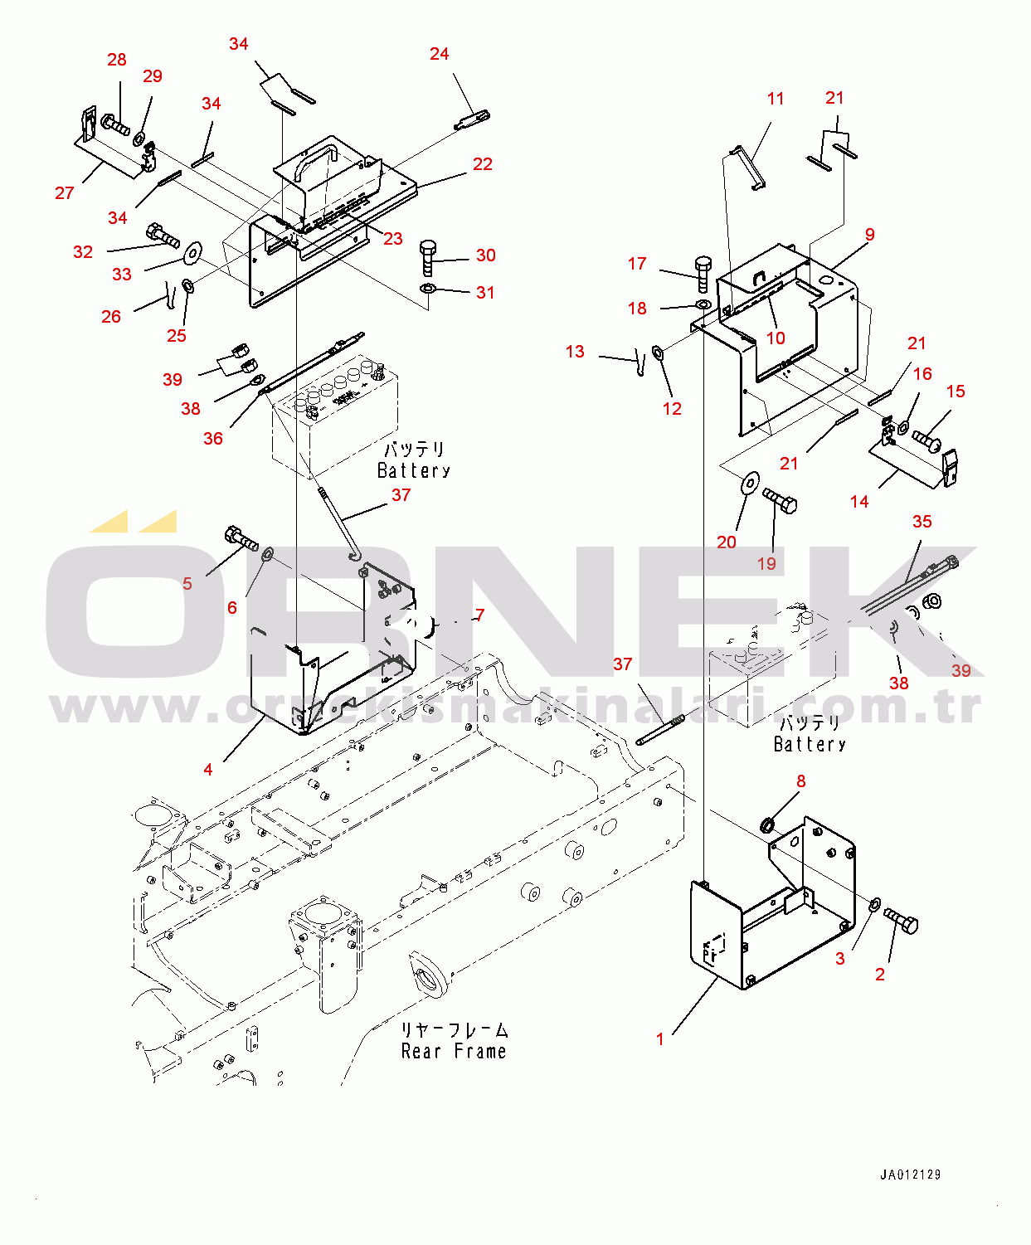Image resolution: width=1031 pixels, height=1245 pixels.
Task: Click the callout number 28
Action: click(x=117, y=60)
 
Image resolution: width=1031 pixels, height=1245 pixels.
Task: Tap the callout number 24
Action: click(x=439, y=54)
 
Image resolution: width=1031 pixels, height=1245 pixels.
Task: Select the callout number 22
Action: click(x=483, y=164)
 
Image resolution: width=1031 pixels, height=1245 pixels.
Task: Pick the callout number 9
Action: click(x=869, y=235)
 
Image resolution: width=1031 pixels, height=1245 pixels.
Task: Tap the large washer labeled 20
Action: click(x=750, y=482)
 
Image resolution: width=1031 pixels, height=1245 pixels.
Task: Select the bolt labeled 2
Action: click(x=901, y=921)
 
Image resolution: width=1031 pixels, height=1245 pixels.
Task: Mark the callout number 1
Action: click(x=660, y=1039)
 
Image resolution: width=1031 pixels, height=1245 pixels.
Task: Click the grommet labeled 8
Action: click(x=767, y=824)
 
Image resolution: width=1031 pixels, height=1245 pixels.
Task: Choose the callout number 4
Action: click(x=208, y=770)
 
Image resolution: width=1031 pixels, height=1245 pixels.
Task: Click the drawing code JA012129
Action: click(x=911, y=1174)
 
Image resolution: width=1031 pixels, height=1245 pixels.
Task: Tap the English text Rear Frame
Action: click(x=454, y=1052)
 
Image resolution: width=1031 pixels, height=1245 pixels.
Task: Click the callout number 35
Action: click(x=922, y=522)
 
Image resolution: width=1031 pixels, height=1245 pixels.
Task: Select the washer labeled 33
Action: click(x=194, y=251)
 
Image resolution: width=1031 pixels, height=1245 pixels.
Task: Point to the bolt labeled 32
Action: click(x=163, y=235)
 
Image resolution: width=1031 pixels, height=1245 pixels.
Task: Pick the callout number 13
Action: click(x=575, y=352)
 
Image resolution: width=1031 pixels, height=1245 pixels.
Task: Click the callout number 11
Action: click(x=776, y=99)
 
